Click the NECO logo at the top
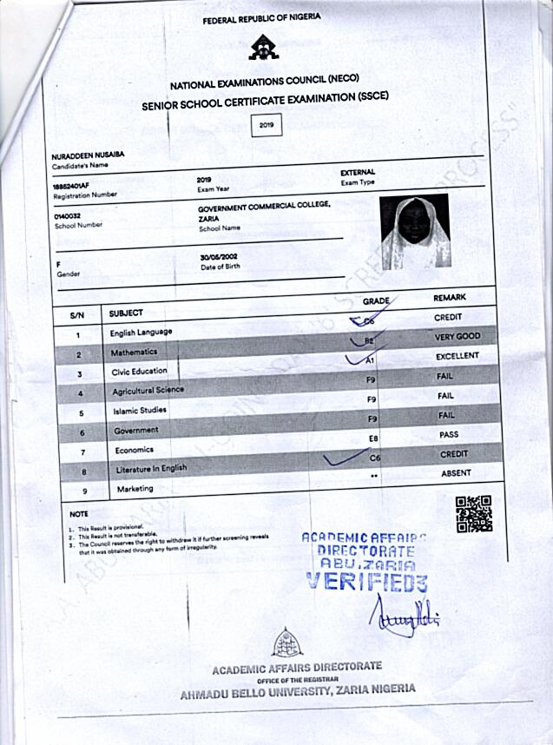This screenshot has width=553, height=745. [x=264, y=49]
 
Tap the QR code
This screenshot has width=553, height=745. [x=474, y=513]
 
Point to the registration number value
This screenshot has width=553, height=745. [x=71, y=186]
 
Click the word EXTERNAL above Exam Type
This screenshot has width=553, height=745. [x=358, y=173]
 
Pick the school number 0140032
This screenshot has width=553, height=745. [x=67, y=215]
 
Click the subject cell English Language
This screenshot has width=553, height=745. [x=141, y=332]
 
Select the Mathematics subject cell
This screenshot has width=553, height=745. [x=134, y=353]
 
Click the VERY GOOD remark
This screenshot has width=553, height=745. [x=457, y=337]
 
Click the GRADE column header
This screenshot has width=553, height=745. [x=376, y=300]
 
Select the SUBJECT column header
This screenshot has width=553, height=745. [x=126, y=313]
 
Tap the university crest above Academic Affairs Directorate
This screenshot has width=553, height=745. [x=287, y=643]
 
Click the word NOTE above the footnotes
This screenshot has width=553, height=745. [x=79, y=514]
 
